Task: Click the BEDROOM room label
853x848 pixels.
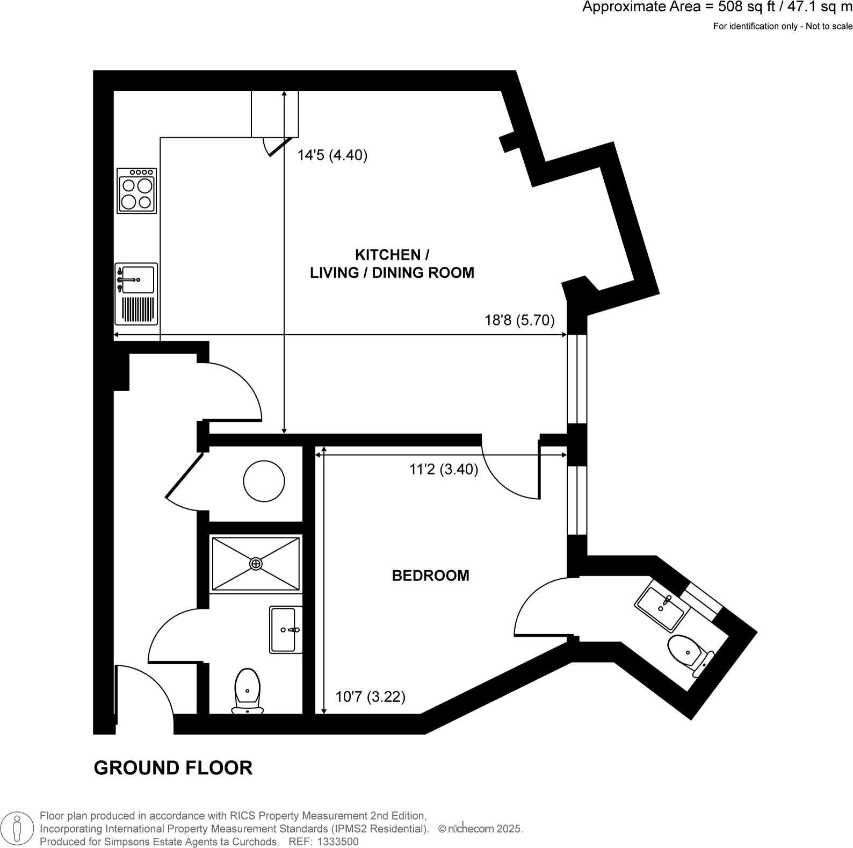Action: [430, 576]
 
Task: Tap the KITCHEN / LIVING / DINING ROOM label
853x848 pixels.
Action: [392, 263]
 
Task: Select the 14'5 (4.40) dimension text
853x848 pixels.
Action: [332, 155]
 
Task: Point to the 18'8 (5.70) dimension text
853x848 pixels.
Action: [519, 320]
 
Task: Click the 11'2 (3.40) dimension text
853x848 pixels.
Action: [444, 470]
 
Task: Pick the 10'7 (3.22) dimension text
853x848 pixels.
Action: [370, 697]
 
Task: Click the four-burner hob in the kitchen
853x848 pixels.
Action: [137, 191]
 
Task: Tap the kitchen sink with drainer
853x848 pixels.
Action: [136, 293]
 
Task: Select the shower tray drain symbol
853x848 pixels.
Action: [256, 564]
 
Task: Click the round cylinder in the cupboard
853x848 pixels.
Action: [264, 481]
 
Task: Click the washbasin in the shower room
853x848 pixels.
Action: [285, 629]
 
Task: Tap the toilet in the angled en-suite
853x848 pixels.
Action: [688, 653]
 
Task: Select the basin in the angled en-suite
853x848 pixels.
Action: [661, 608]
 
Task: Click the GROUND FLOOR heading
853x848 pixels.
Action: [173, 768]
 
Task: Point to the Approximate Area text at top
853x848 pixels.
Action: [717, 8]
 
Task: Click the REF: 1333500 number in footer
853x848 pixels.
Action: [323, 842]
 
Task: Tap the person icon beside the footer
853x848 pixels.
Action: [17, 828]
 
